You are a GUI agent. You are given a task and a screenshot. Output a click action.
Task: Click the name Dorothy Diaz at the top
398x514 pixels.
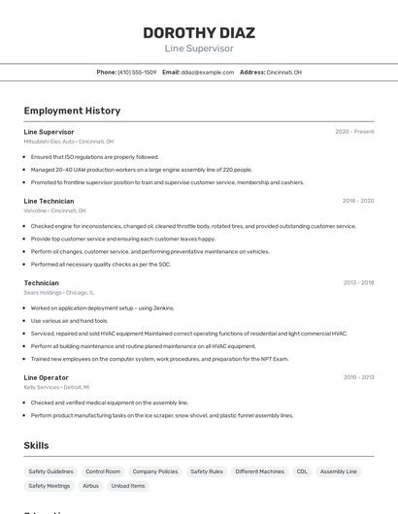198,32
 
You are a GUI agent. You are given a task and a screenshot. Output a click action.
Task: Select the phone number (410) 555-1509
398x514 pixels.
137,72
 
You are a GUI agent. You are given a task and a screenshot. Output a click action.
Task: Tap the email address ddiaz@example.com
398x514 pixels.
208,72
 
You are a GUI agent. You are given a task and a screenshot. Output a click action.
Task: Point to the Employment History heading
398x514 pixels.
72,111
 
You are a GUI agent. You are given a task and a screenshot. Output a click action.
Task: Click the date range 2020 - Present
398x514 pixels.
354,132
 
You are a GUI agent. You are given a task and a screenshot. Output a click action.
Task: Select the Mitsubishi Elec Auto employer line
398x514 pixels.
69,142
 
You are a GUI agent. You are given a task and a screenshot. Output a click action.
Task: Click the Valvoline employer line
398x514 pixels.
54,210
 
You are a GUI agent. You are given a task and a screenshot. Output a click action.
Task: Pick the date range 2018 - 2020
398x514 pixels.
357,201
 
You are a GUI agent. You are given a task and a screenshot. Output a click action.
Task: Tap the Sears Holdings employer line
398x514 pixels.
59,292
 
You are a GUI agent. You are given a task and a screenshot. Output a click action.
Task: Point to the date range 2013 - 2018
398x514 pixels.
358,283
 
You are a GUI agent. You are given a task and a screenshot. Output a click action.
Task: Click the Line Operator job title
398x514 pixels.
47,377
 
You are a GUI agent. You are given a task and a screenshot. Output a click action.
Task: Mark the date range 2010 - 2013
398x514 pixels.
358,377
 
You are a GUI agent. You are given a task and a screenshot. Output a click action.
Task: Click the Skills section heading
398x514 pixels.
37,445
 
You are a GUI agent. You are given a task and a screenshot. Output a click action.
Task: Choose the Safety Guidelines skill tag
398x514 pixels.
50,471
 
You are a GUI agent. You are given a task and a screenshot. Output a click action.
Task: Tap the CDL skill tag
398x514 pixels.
302,471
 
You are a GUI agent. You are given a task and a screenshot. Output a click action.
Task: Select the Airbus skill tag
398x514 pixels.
90,486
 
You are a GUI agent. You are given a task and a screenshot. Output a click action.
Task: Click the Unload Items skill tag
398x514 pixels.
128,486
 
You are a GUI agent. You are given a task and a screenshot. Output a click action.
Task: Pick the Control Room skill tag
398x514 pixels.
103,471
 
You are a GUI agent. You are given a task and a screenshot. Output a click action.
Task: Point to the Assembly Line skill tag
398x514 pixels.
339,471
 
